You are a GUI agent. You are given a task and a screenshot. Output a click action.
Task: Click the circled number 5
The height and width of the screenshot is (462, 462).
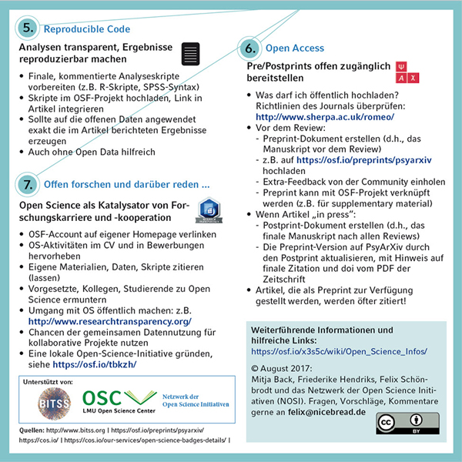[x=28, y=28]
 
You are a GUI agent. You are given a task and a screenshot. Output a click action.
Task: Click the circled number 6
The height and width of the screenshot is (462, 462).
[x=249, y=48]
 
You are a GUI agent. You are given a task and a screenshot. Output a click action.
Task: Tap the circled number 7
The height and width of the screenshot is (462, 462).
[x=28, y=185]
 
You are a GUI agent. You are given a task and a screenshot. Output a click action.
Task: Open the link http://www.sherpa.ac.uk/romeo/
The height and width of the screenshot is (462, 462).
[x=323, y=116]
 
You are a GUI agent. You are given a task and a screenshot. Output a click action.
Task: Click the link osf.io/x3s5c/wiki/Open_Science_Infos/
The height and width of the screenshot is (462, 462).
[x=340, y=351]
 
